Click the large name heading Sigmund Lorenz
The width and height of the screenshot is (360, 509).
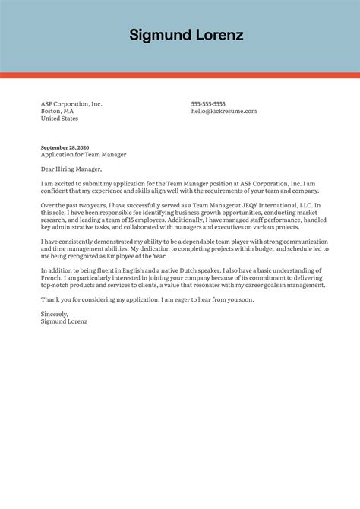coord(186,35)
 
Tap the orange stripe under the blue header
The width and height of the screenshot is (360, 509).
coord(180,75)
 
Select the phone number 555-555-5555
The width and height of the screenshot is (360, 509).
coord(208,104)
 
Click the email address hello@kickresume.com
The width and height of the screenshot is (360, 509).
coord(224,112)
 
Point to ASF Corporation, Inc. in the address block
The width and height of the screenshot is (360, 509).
coord(71,104)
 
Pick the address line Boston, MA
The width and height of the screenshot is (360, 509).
coord(57,112)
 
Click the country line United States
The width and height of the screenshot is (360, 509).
coord(59,119)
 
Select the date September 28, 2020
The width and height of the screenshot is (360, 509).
coord(65,147)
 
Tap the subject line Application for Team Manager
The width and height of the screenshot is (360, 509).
coord(84,155)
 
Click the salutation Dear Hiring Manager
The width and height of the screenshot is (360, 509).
coord(71,169)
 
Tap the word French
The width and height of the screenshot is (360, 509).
coord(52,278)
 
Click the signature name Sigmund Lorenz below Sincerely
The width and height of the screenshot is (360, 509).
coord(65,322)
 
